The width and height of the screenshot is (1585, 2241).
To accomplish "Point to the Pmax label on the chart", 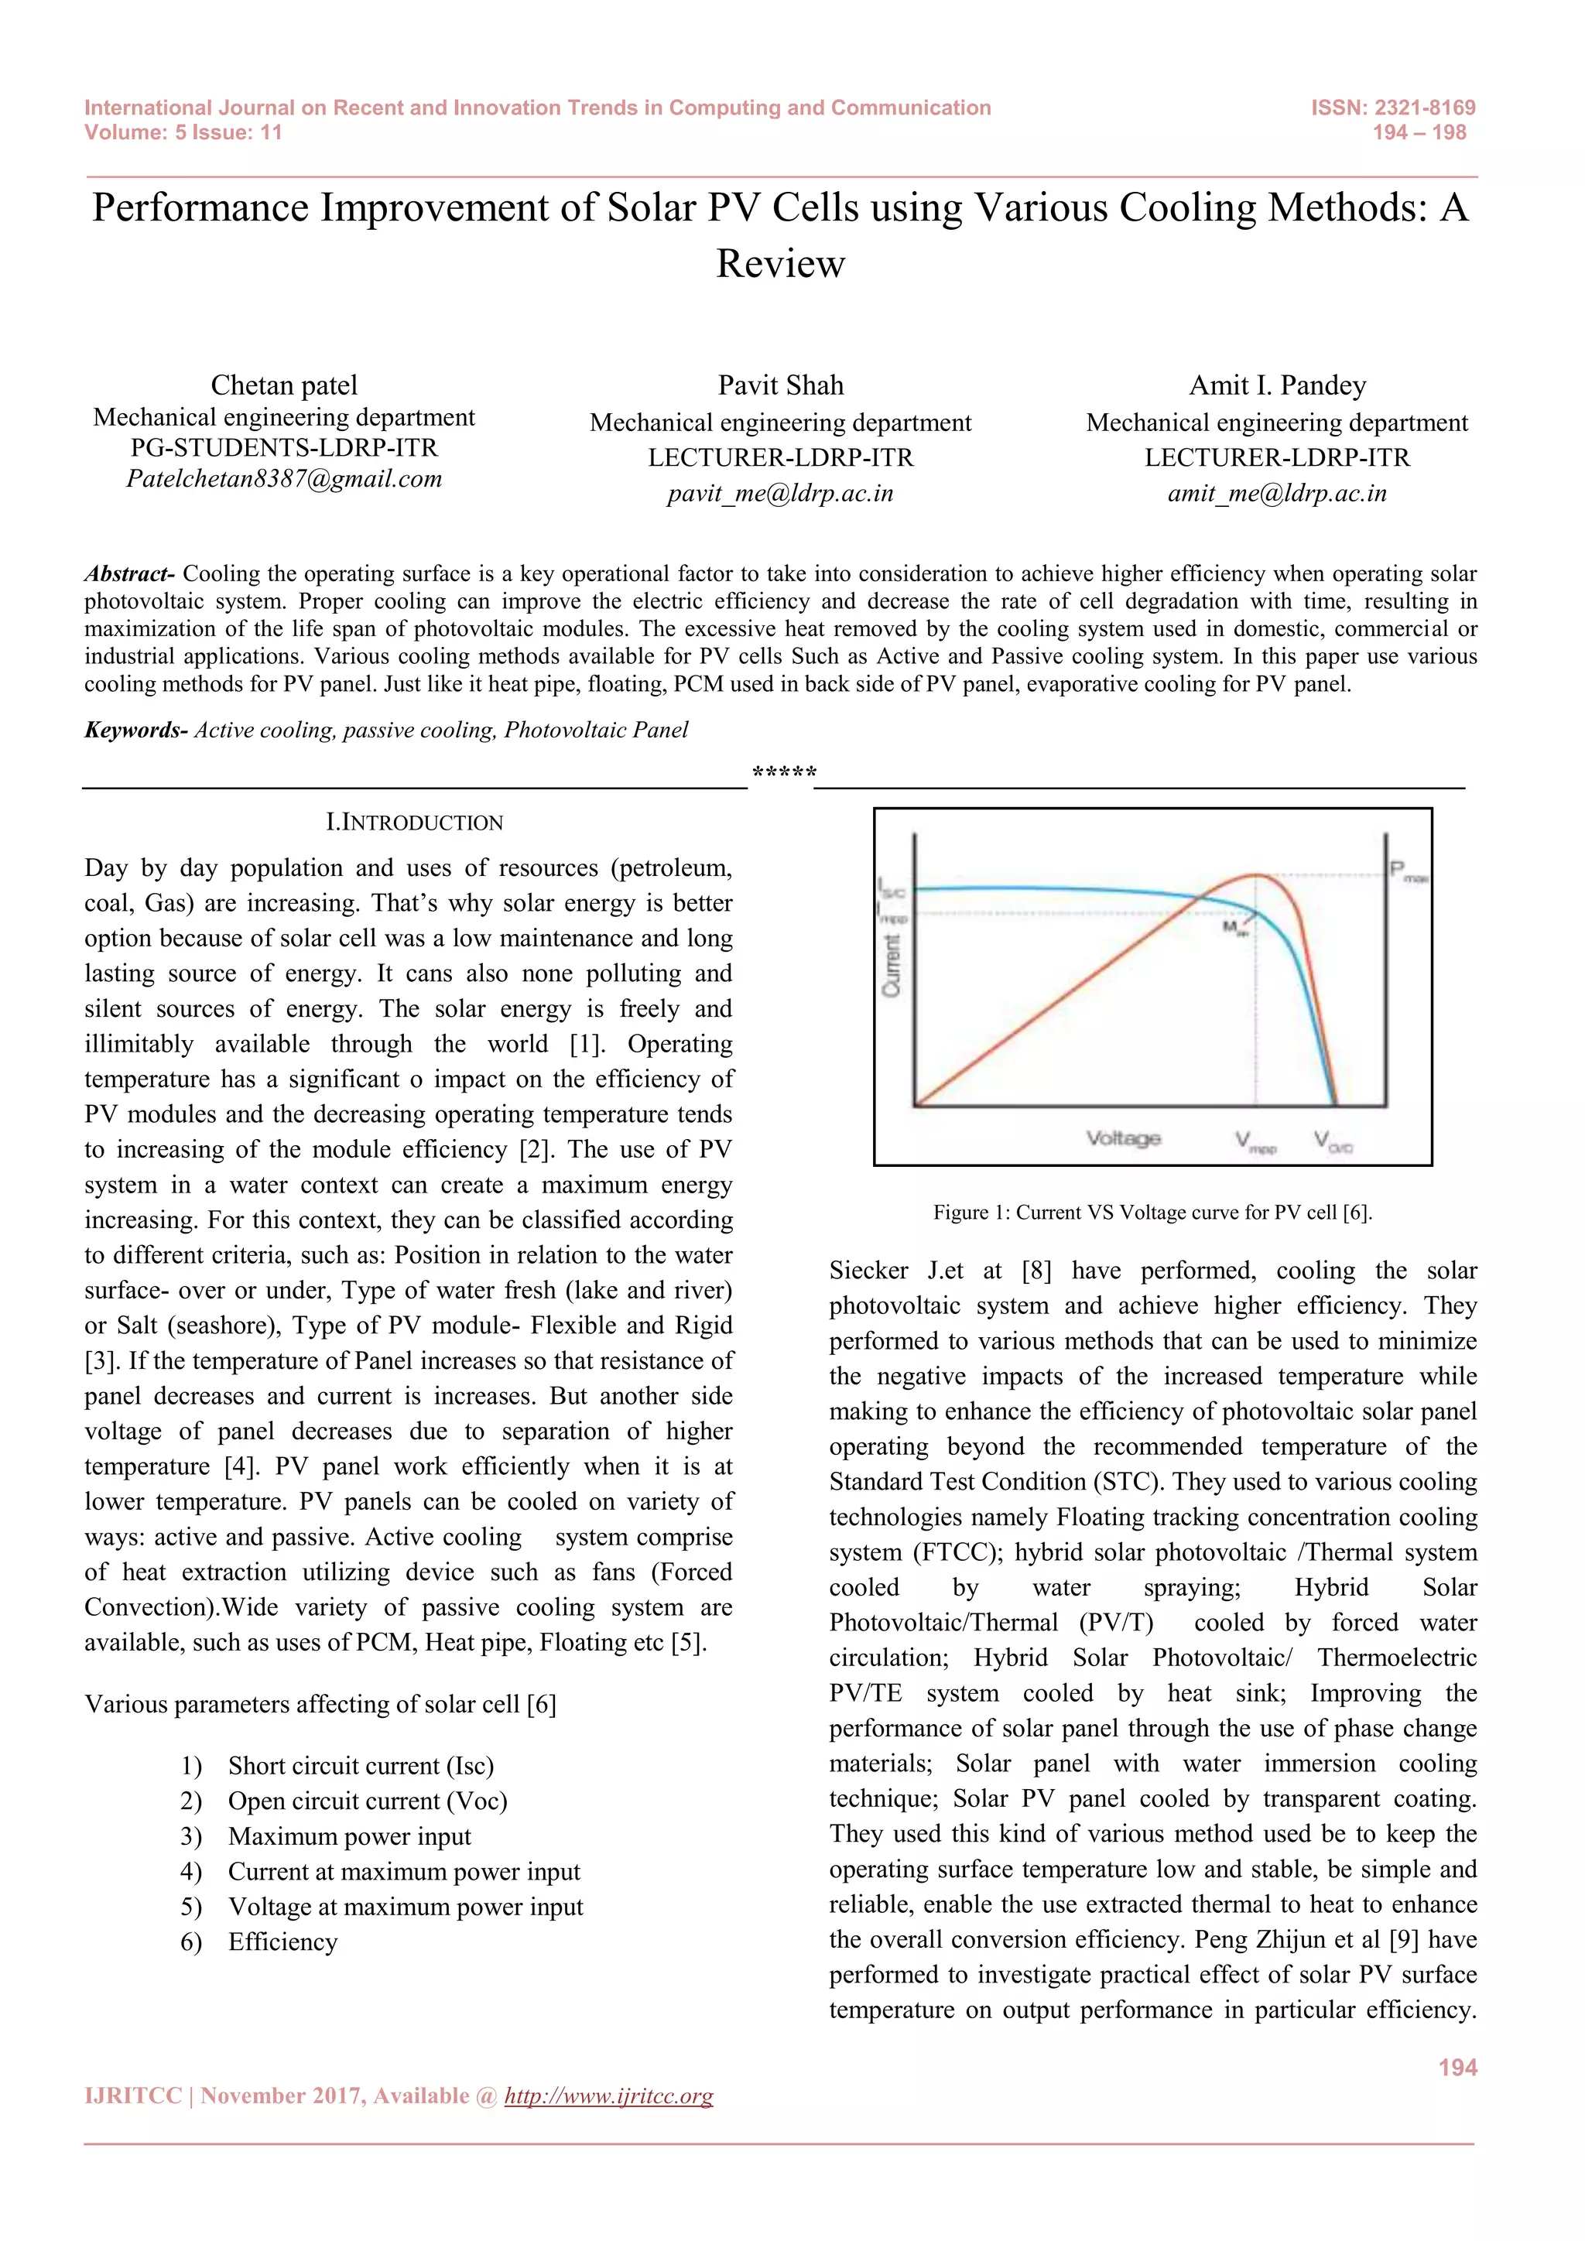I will click(x=1407, y=871).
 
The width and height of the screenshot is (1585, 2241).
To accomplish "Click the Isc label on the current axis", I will click(x=892, y=889).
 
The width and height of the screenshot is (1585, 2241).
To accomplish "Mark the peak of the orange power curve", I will click(x=1257, y=875).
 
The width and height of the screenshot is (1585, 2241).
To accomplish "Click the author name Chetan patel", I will click(x=284, y=385).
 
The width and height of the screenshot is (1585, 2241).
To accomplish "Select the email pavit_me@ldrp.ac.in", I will click(x=780, y=494).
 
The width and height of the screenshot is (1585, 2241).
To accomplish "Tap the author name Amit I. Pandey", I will click(x=1276, y=385).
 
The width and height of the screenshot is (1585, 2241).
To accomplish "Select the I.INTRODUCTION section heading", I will click(x=414, y=823).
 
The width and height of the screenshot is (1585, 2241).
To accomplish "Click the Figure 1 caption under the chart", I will click(x=1152, y=1213).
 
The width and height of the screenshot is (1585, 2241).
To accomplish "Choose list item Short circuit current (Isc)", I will click(x=360, y=1766).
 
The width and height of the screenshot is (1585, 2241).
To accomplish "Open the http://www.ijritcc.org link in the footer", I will click(x=608, y=2096).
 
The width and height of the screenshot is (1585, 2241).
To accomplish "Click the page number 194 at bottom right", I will click(x=1457, y=2067).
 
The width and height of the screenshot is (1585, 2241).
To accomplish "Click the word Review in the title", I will click(x=780, y=264).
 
